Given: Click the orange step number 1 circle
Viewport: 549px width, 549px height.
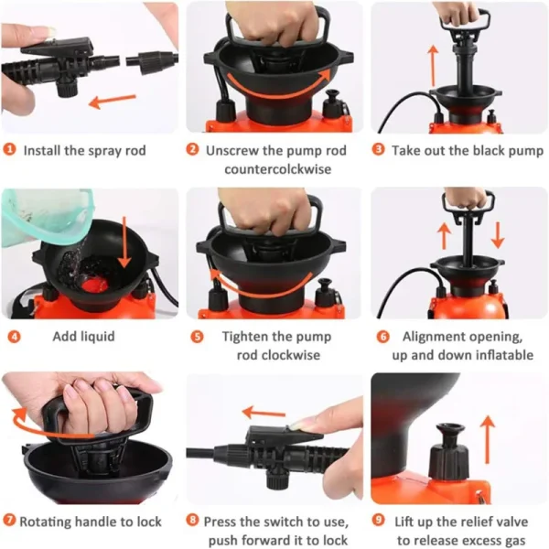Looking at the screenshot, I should pos(9,150).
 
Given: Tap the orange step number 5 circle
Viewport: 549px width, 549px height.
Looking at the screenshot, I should pos(197,337).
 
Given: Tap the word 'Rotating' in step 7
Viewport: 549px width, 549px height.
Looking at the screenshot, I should pos(46,522).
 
